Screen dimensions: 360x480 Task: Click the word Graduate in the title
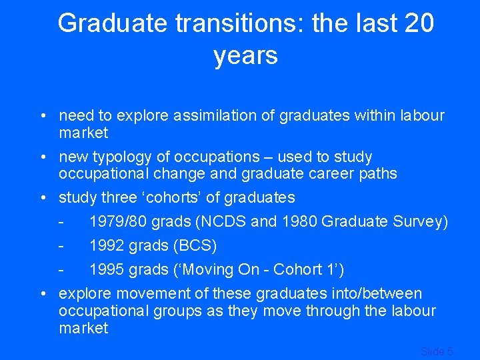[112, 23]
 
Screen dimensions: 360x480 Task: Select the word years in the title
[245, 55]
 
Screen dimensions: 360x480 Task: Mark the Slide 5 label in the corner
[437, 351]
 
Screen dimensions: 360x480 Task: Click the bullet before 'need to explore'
[42, 116]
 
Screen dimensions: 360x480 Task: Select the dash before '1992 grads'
[61, 246]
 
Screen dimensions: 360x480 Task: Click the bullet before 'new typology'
[42, 157]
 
